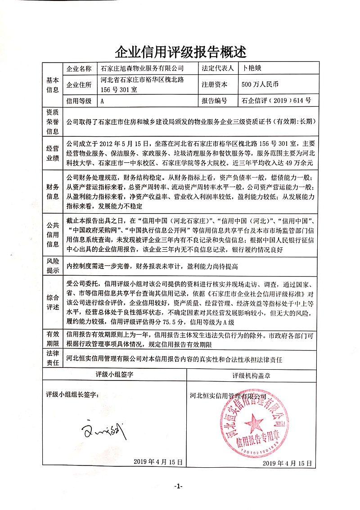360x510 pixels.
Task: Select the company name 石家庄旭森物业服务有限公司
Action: (143, 69)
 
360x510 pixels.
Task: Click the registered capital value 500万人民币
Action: (260, 84)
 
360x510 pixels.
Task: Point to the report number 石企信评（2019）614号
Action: (276, 101)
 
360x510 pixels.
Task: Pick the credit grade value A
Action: (103, 101)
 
